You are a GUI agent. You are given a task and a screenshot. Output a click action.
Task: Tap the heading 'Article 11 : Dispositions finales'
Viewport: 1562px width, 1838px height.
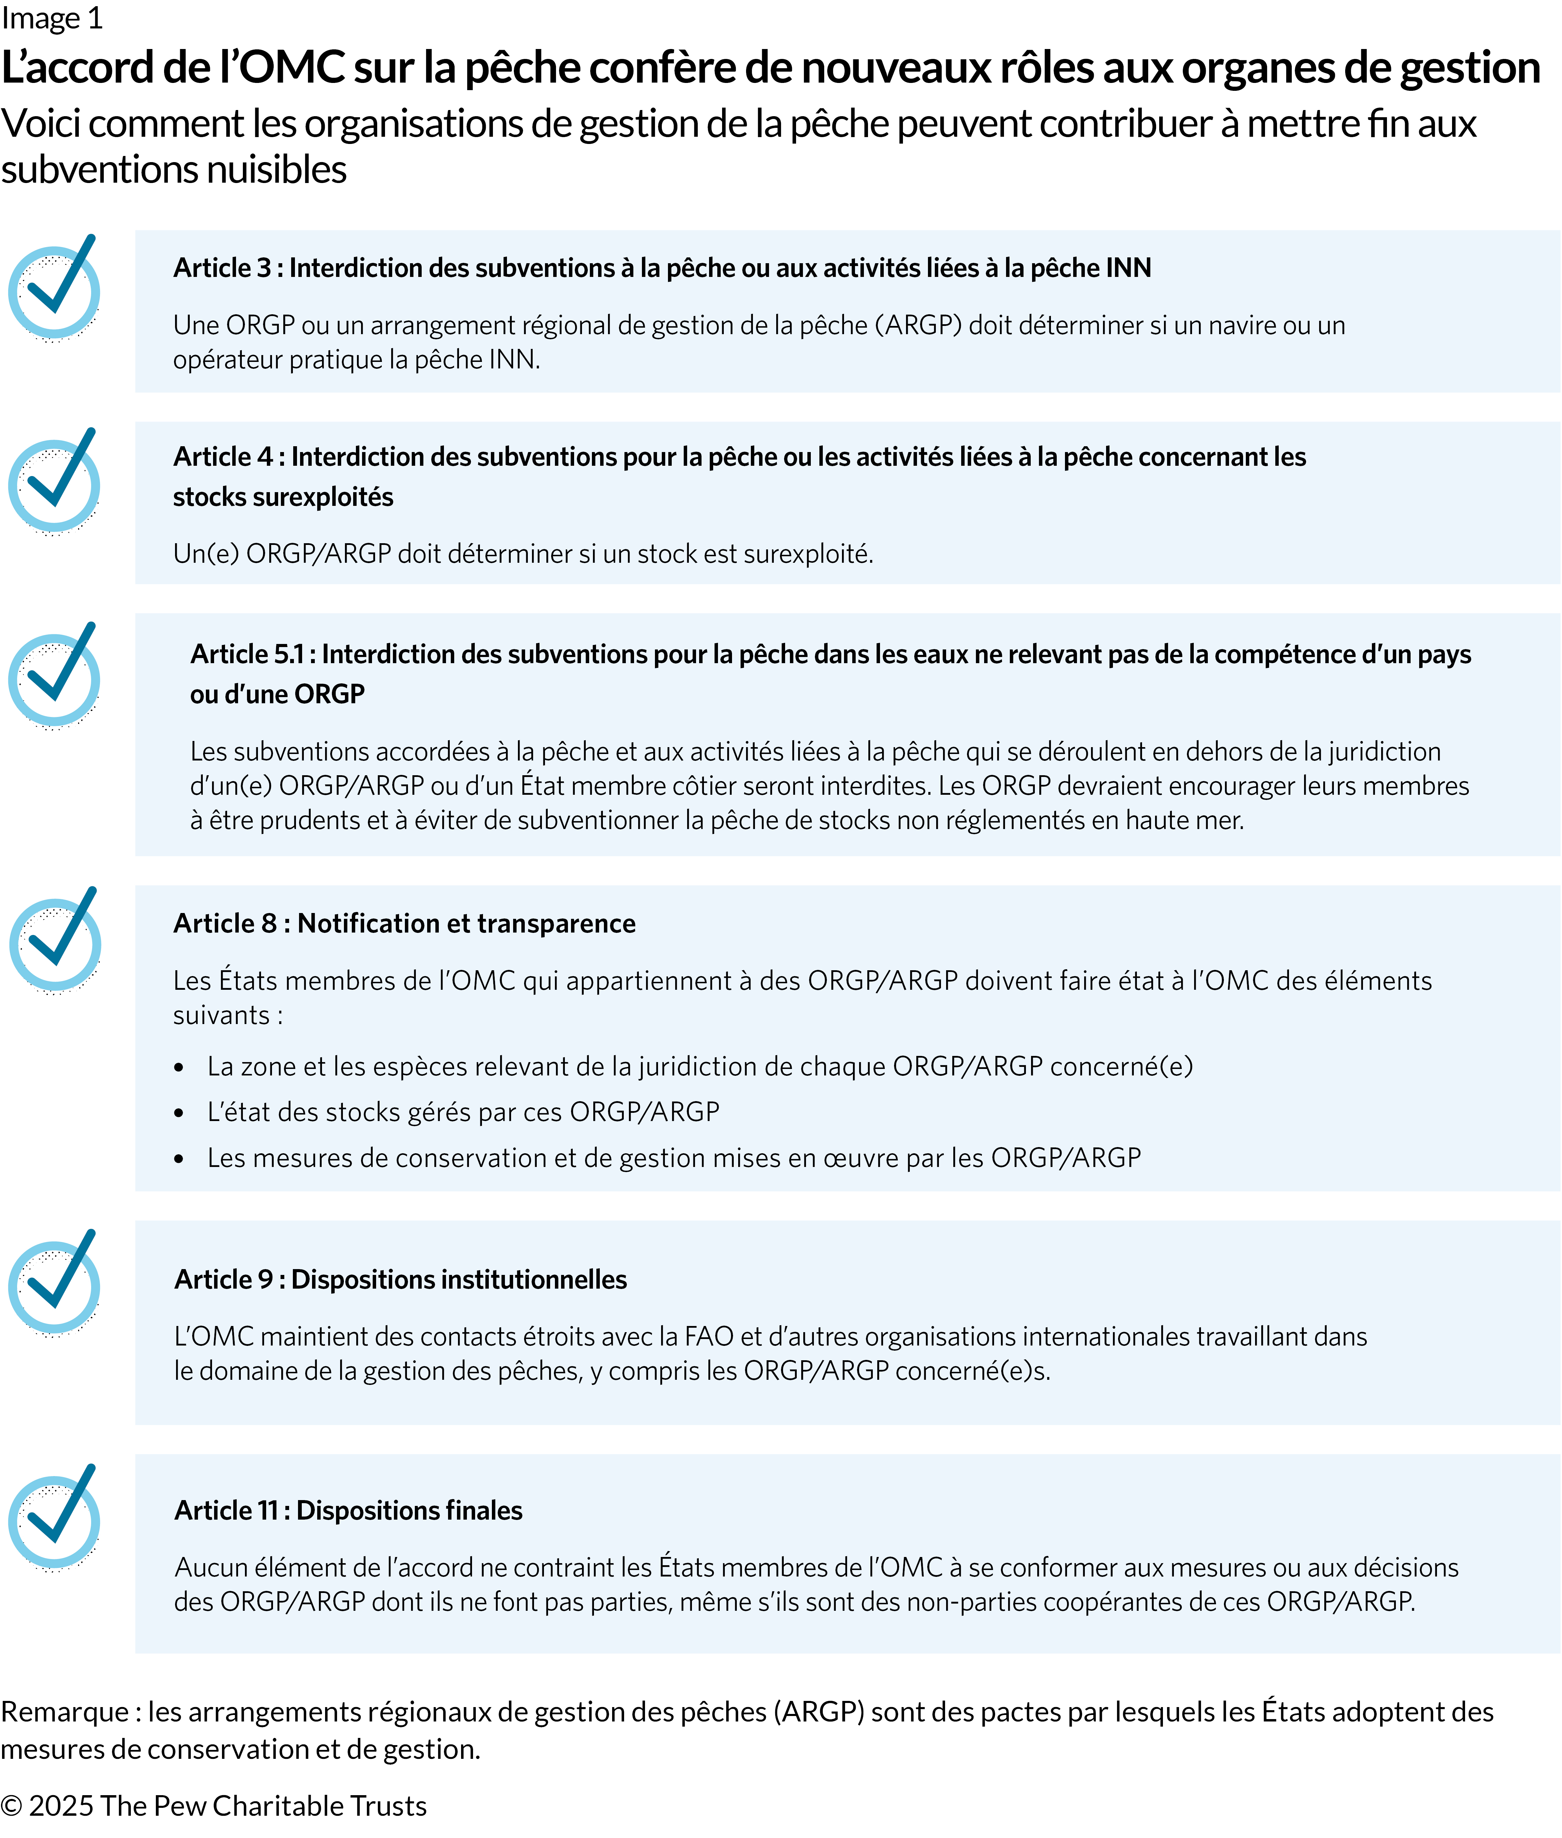(348, 1510)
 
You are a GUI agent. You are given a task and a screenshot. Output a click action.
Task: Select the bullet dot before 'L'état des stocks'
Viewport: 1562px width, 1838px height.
(179, 1113)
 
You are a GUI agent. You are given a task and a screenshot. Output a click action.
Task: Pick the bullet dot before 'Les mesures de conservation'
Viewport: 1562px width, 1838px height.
(179, 1159)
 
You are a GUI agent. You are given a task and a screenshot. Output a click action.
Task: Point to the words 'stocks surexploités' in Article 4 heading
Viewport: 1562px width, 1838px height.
(283, 497)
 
